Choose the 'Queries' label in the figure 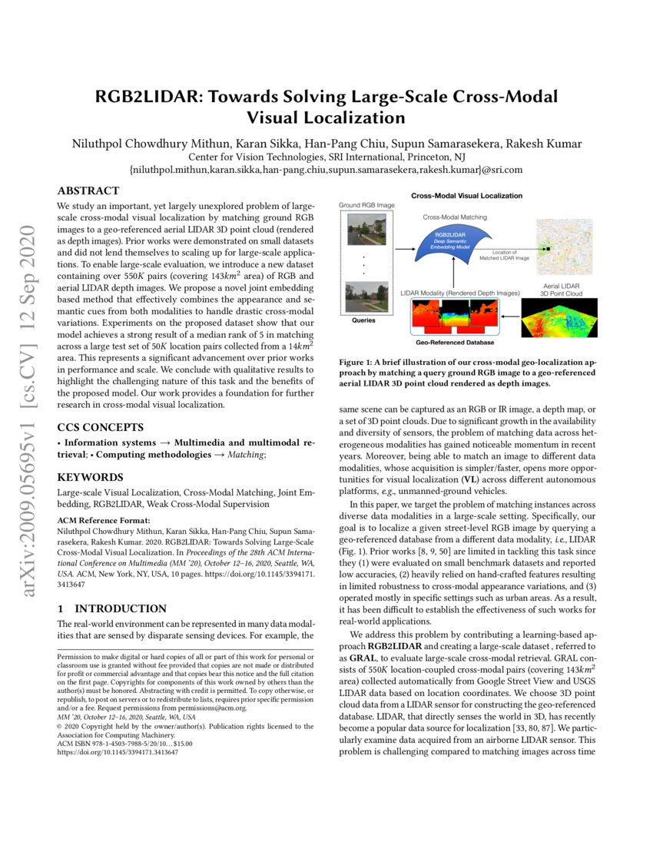tap(363, 320)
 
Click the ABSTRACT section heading tap(88, 191)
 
